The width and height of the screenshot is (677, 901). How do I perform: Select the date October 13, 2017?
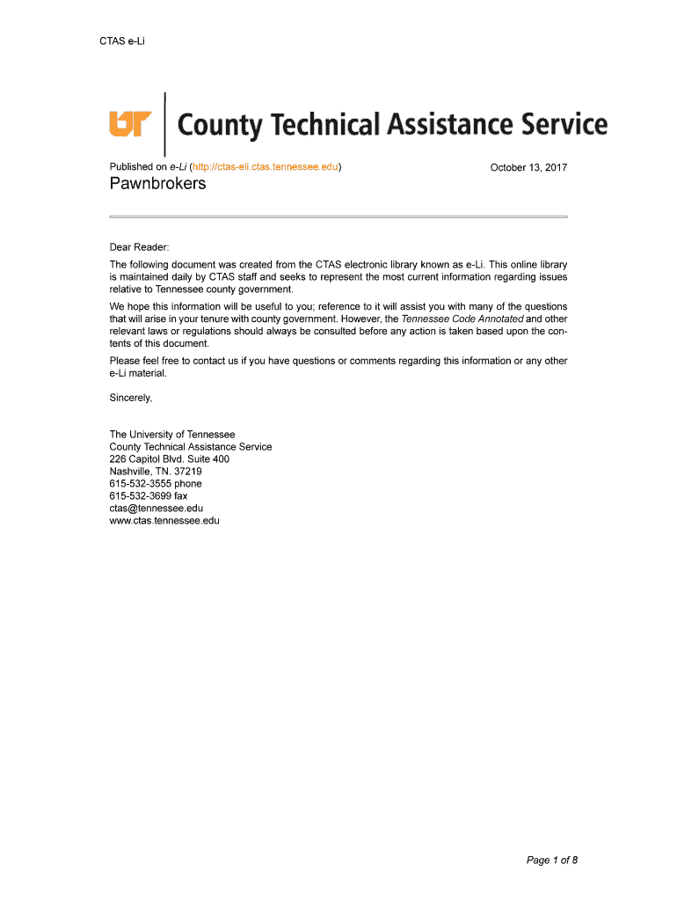pos(528,167)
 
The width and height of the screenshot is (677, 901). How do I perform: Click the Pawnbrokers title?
pos(157,184)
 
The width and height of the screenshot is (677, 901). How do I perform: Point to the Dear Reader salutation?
pos(139,248)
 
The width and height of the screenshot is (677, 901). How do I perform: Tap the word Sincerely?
pos(131,398)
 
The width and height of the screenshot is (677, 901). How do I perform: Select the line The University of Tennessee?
pos(172,435)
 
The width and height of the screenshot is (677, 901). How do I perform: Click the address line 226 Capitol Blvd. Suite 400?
pos(170,459)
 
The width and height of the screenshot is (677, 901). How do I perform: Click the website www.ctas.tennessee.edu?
pos(164,521)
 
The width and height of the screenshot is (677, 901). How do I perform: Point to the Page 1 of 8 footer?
pos(551,861)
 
